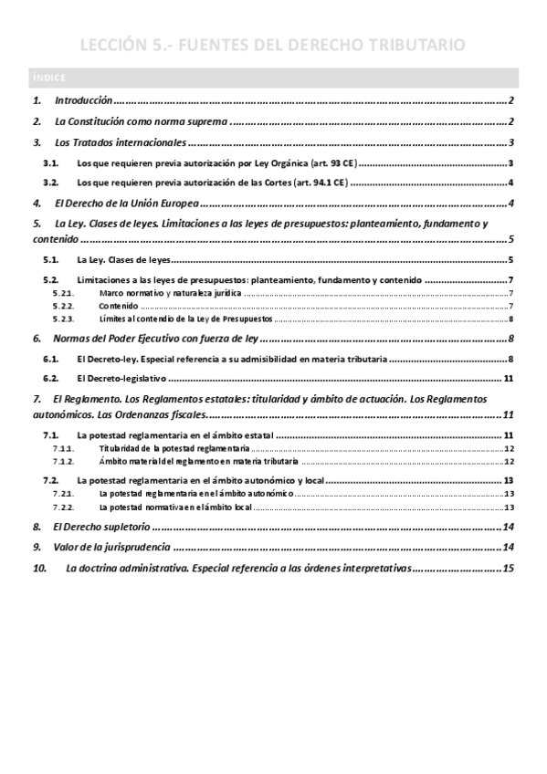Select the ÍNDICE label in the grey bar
click(44, 77)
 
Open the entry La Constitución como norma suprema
click(141, 121)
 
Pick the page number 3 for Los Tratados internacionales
click(514, 143)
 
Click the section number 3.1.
click(51, 163)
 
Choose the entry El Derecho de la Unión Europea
click(127, 204)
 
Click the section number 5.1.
click(51, 260)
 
